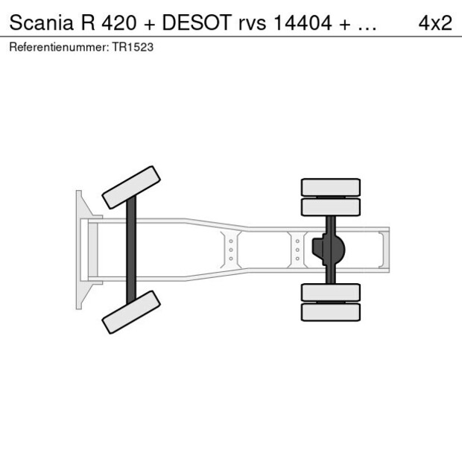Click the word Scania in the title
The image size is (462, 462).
point(41,22)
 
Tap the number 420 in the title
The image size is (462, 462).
point(119,22)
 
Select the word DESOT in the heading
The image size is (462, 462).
point(197,22)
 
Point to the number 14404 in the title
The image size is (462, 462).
point(303,22)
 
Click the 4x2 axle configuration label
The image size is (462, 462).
point(435,22)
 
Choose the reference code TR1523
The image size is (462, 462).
point(133,47)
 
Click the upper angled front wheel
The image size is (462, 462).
point(131,188)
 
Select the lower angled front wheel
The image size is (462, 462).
point(131,312)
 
